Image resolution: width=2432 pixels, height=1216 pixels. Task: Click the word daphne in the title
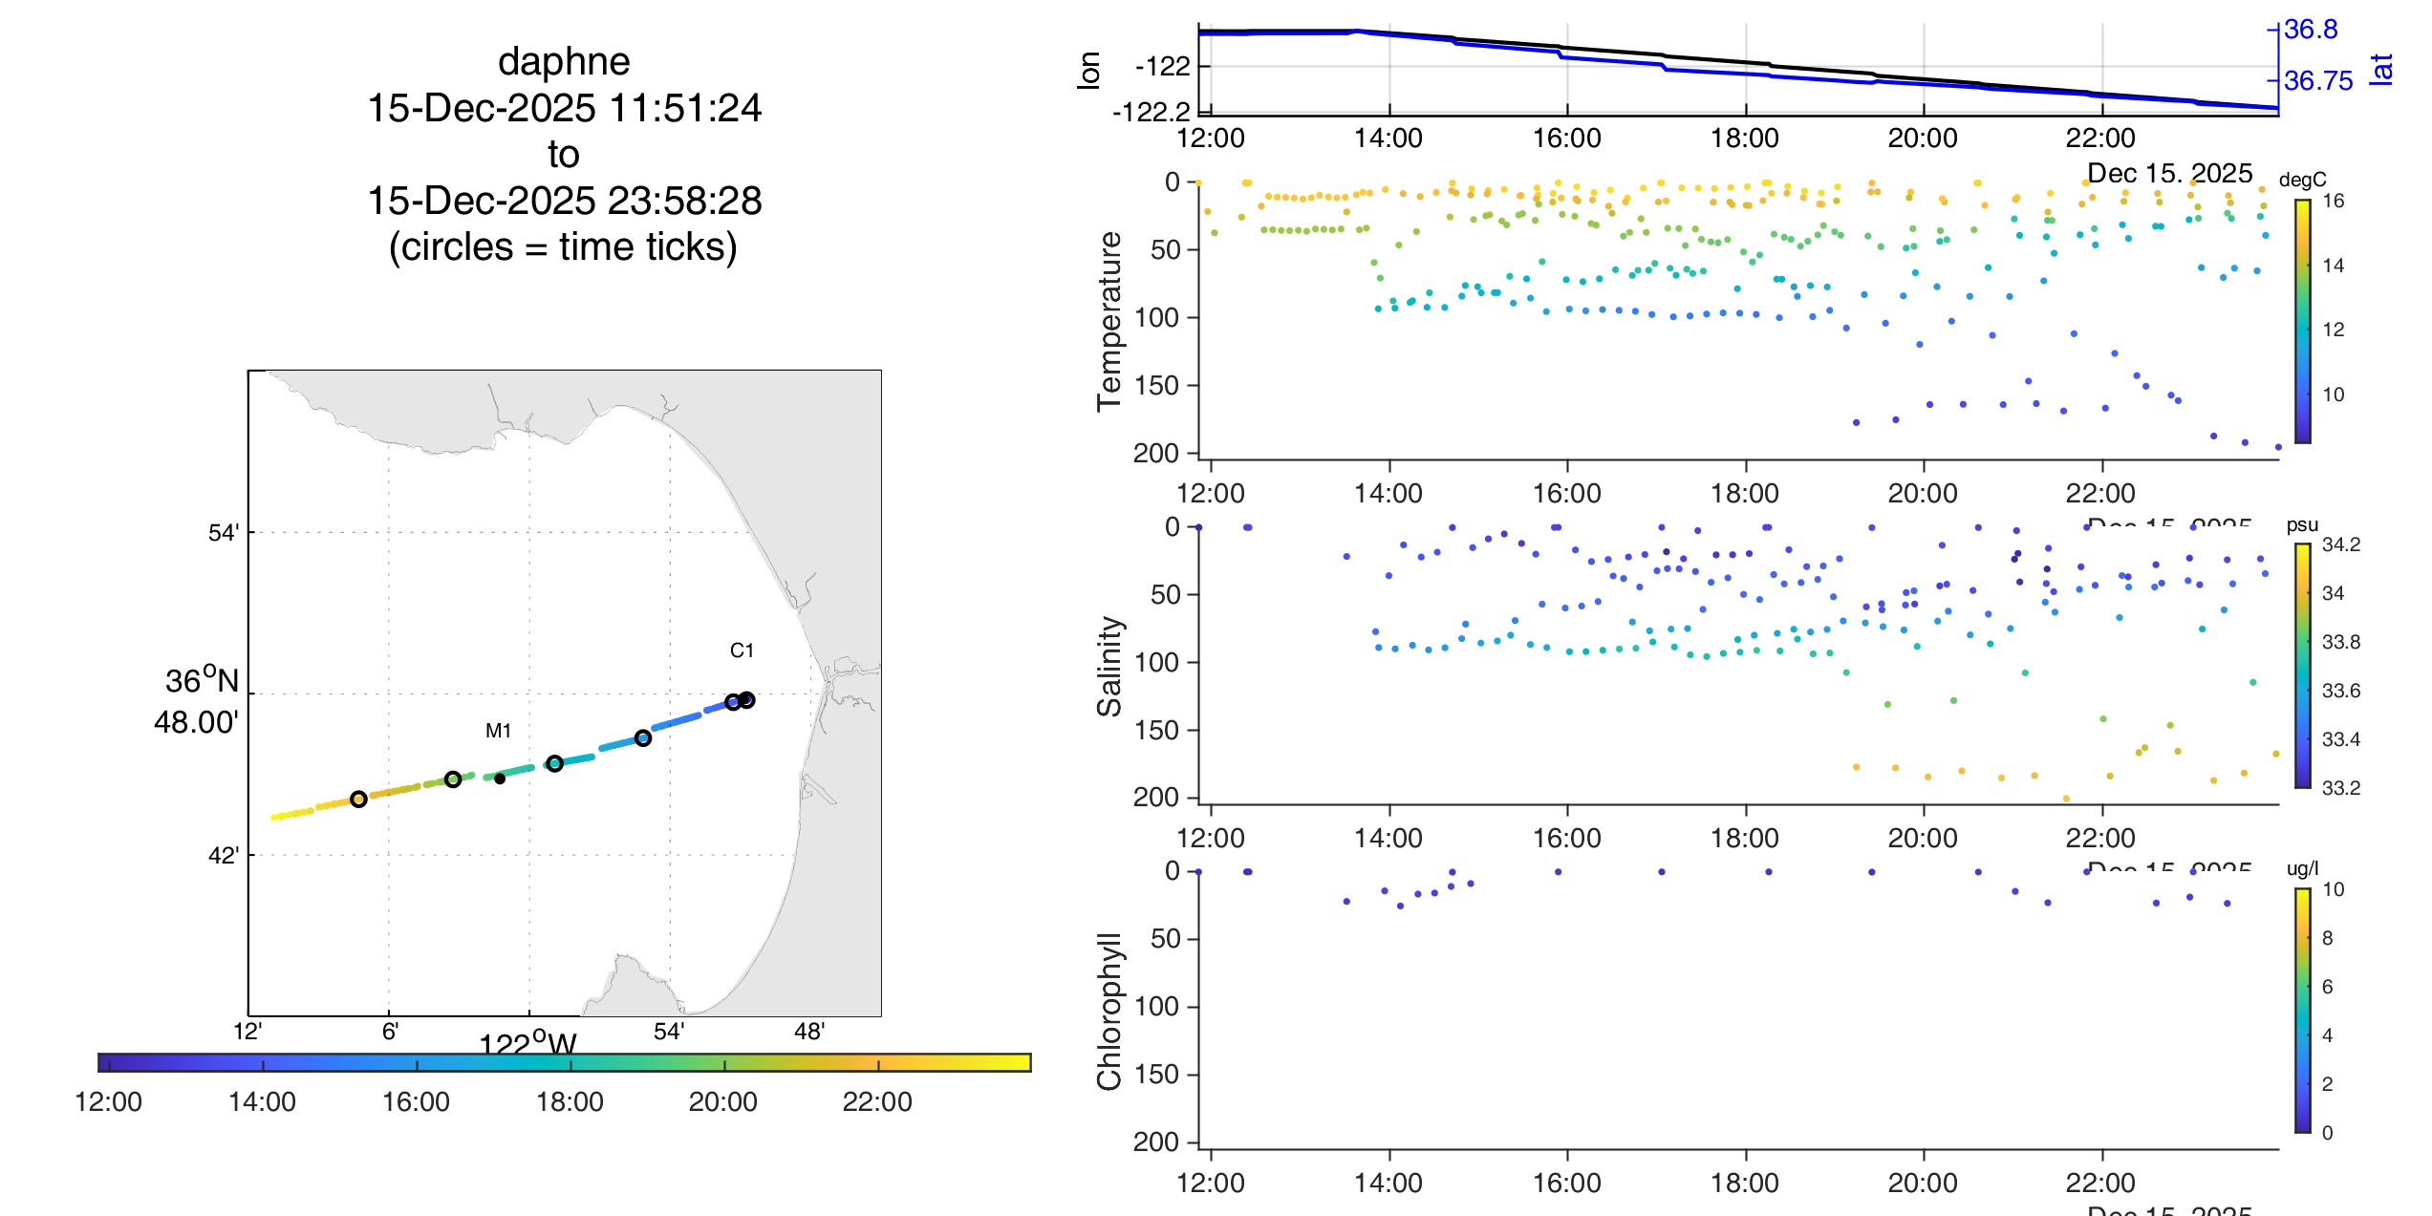tap(564, 62)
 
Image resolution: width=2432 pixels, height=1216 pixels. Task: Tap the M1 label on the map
tap(498, 731)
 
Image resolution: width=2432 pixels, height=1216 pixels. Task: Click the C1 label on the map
tap(742, 651)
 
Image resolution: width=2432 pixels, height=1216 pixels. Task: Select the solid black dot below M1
tap(500, 779)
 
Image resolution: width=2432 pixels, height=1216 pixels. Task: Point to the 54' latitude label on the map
tap(223, 533)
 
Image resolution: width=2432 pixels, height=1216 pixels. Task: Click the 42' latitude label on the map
tap(223, 855)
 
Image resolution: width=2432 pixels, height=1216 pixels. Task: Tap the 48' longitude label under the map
tap(809, 1032)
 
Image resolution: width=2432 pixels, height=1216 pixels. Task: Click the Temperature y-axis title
tap(1109, 321)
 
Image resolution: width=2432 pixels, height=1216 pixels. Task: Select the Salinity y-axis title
tap(1109, 666)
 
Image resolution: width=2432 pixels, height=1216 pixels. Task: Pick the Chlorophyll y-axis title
tap(1109, 1011)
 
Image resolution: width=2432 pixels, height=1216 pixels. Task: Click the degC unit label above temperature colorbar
tap(2302, 180)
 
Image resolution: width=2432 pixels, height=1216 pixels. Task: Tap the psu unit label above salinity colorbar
tap(2302, 524)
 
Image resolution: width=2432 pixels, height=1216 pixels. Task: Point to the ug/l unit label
tap(2302, 868)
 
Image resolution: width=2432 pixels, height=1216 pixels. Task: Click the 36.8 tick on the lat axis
tap(2311, 30)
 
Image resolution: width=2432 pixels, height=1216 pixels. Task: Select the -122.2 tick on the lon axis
tap(1151, 113)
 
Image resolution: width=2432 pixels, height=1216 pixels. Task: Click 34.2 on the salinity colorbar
tap(2340, 544)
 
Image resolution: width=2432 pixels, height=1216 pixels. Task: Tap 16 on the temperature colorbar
tap(2333, 201)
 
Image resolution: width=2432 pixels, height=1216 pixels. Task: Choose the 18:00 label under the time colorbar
tap(570, 1101)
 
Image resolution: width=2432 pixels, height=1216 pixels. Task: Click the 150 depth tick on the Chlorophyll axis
tap(1156, 1075)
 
